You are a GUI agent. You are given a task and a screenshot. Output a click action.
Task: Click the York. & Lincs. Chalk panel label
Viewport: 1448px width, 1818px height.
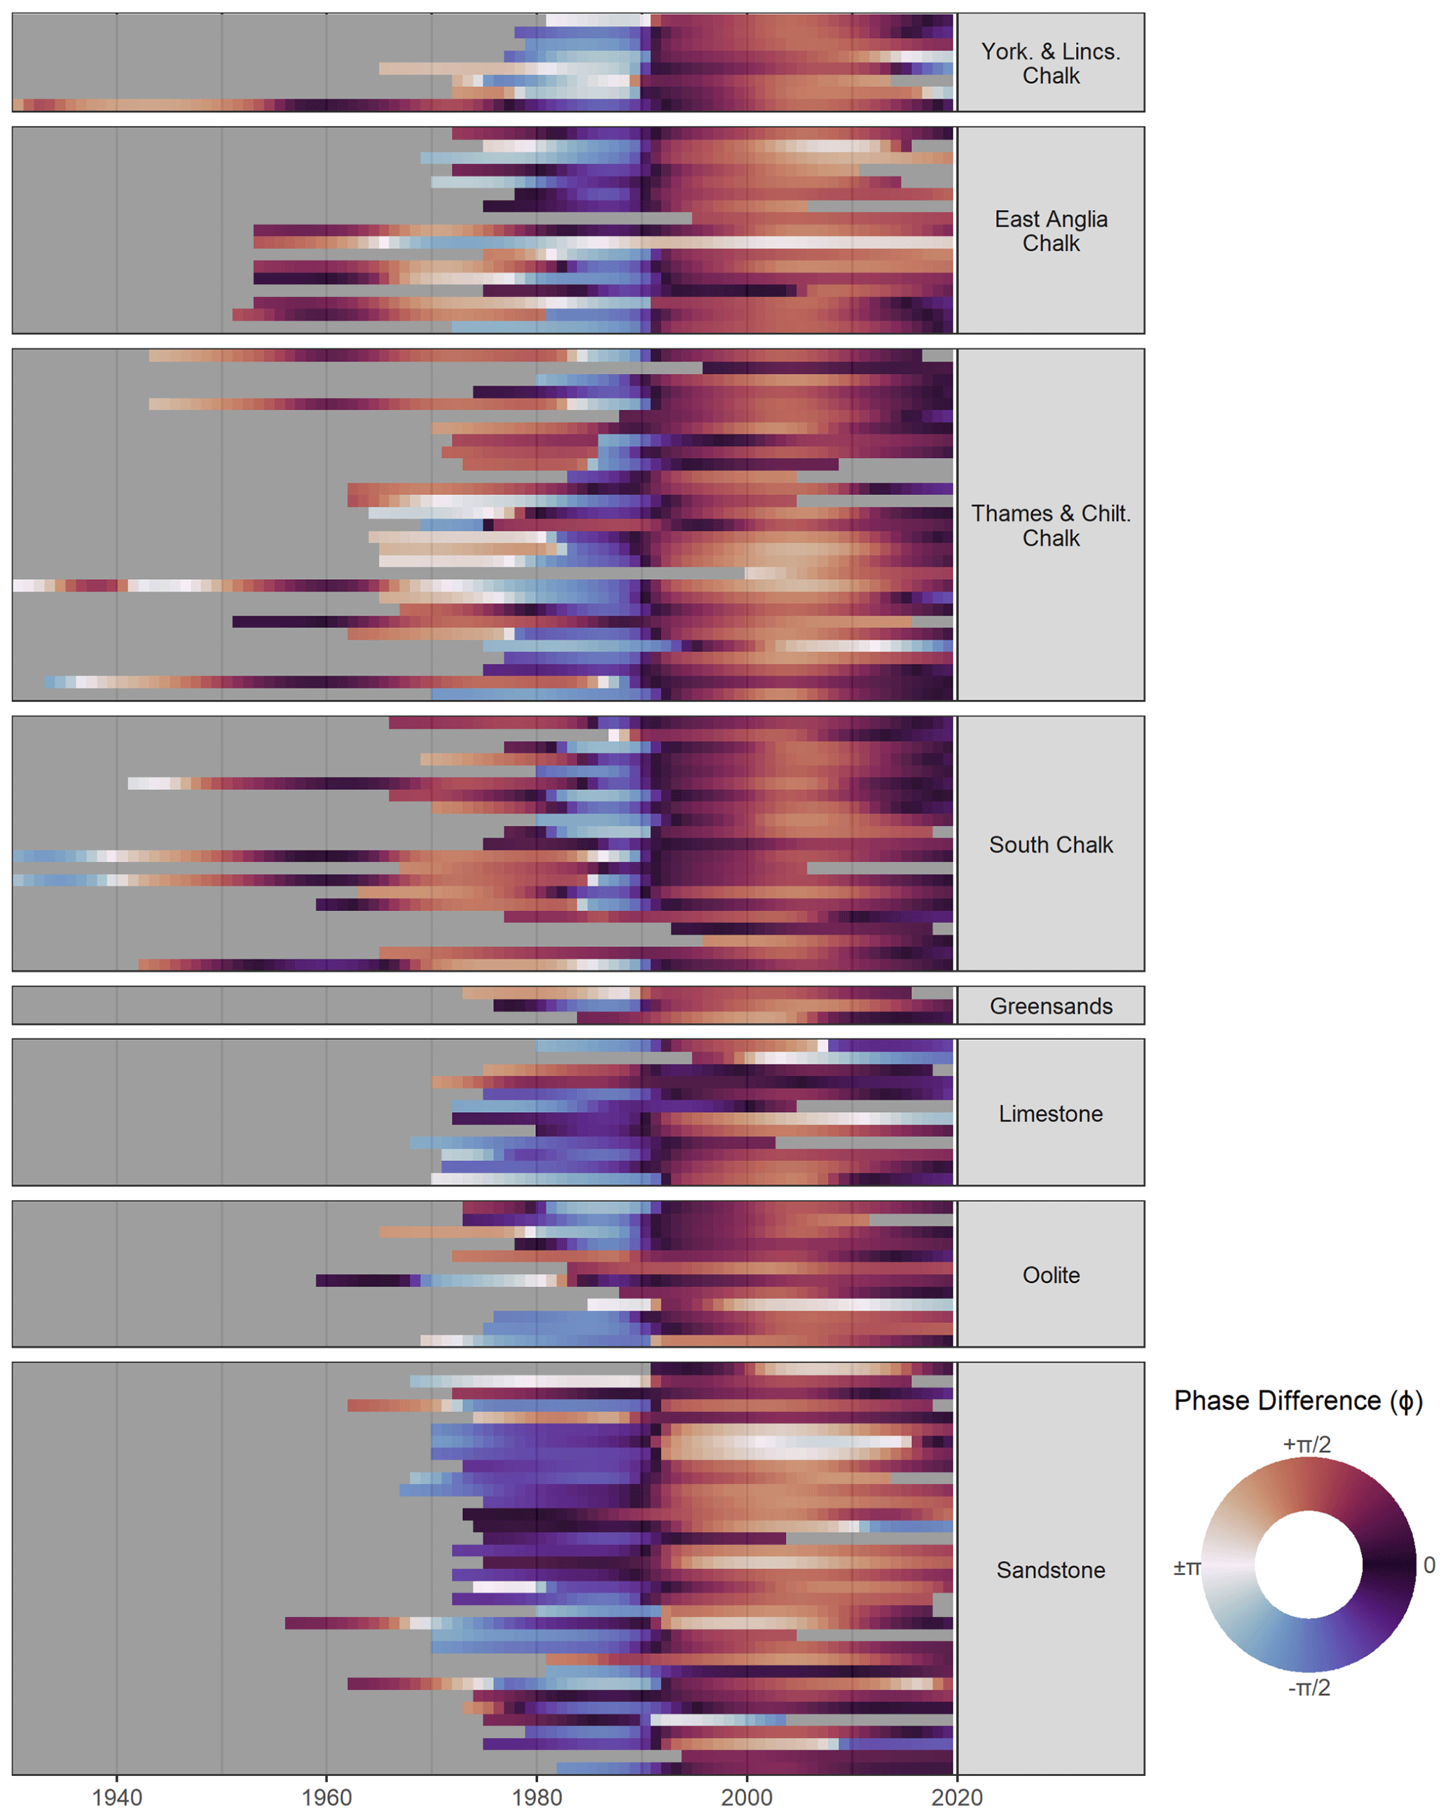click(x=1050, y=63)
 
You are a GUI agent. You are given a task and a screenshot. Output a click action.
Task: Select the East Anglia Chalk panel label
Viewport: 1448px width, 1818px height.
click(x=1050, y=231)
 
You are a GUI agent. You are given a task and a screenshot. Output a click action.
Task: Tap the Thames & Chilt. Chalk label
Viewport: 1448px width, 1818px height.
click(x=1050, y=525)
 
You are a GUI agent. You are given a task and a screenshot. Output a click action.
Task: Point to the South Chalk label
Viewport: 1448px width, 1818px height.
click(x=1050, y=845)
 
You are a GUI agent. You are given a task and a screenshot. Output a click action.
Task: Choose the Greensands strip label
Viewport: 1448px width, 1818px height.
click(x=1050, y=1006)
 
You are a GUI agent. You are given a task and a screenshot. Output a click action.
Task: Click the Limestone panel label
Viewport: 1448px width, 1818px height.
click(x=1050, y=1114)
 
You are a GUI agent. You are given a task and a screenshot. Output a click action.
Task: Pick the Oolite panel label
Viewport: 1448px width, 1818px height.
click(x=1050, y=1275)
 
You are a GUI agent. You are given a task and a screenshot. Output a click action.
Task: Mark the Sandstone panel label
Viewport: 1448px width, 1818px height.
click(x=1050, y=1570)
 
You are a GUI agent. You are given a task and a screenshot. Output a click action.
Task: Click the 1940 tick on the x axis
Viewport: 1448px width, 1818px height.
click(x=116, y=1798)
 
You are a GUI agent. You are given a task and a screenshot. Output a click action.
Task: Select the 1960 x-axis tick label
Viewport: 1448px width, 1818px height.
click(x=326, y=1798)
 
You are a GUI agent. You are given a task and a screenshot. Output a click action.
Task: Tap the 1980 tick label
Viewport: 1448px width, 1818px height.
click(x=537, y=1798)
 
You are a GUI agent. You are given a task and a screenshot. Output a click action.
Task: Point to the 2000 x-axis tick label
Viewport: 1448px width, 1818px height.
click(x=746, y=1798)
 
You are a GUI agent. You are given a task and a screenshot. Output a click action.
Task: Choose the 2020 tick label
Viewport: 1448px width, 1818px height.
click(x=956, y=1798)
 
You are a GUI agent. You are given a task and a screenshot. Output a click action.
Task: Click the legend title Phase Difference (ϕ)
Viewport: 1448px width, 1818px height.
click(x=1298, y=1401)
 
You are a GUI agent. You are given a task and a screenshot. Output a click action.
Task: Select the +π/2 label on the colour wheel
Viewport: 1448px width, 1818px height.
click(x=1306, y=1445)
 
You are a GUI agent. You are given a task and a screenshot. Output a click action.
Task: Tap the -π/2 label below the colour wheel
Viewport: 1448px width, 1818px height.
click(x=1309, y=1687)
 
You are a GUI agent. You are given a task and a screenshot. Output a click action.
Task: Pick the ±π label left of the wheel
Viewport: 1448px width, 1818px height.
click(x=1187, y=1567)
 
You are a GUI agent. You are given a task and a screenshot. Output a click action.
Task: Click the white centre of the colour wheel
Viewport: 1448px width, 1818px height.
click(x=1308, y=1565)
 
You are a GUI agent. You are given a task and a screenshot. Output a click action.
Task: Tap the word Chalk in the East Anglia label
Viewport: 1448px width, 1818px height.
click(x=1050, y=244)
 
